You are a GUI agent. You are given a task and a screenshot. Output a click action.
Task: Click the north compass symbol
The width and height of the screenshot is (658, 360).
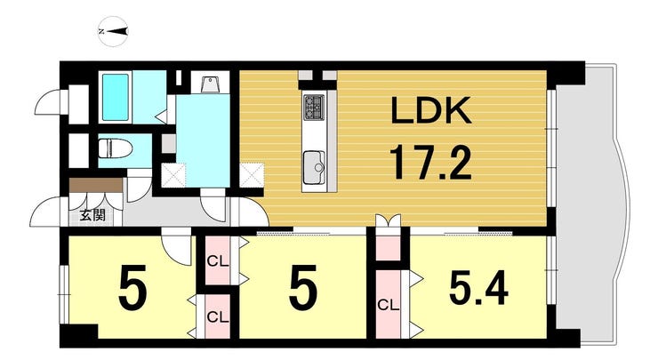[113, 31]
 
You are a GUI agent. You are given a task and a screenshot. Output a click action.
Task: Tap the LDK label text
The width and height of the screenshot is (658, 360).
[431, 110]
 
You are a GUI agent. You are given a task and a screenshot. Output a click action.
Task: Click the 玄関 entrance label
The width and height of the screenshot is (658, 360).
[92, 215]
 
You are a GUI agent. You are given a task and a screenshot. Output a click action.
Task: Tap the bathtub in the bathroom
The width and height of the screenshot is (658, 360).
[116, 97]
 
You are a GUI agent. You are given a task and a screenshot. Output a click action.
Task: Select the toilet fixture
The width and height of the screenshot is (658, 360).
[115, 148]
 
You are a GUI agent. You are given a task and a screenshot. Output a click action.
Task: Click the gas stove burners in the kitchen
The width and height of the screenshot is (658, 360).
[314, 107]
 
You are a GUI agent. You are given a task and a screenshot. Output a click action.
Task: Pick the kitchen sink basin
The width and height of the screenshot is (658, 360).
[314, 167]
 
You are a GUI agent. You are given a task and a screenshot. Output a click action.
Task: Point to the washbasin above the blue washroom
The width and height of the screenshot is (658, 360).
[209, 84]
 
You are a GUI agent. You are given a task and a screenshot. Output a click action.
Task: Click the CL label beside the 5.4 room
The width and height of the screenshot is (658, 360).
[389, 305]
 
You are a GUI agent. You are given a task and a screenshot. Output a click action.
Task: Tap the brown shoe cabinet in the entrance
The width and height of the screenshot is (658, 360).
[96, 185]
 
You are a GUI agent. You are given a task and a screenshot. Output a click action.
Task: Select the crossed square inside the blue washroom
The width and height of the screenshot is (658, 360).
[173, 175]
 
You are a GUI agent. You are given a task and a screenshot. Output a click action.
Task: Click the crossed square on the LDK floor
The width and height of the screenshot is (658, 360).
[252, 174]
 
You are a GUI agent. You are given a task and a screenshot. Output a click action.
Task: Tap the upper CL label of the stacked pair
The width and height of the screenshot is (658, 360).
[218, 262]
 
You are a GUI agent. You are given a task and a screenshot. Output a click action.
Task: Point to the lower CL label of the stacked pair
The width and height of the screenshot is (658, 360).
[218, 316]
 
